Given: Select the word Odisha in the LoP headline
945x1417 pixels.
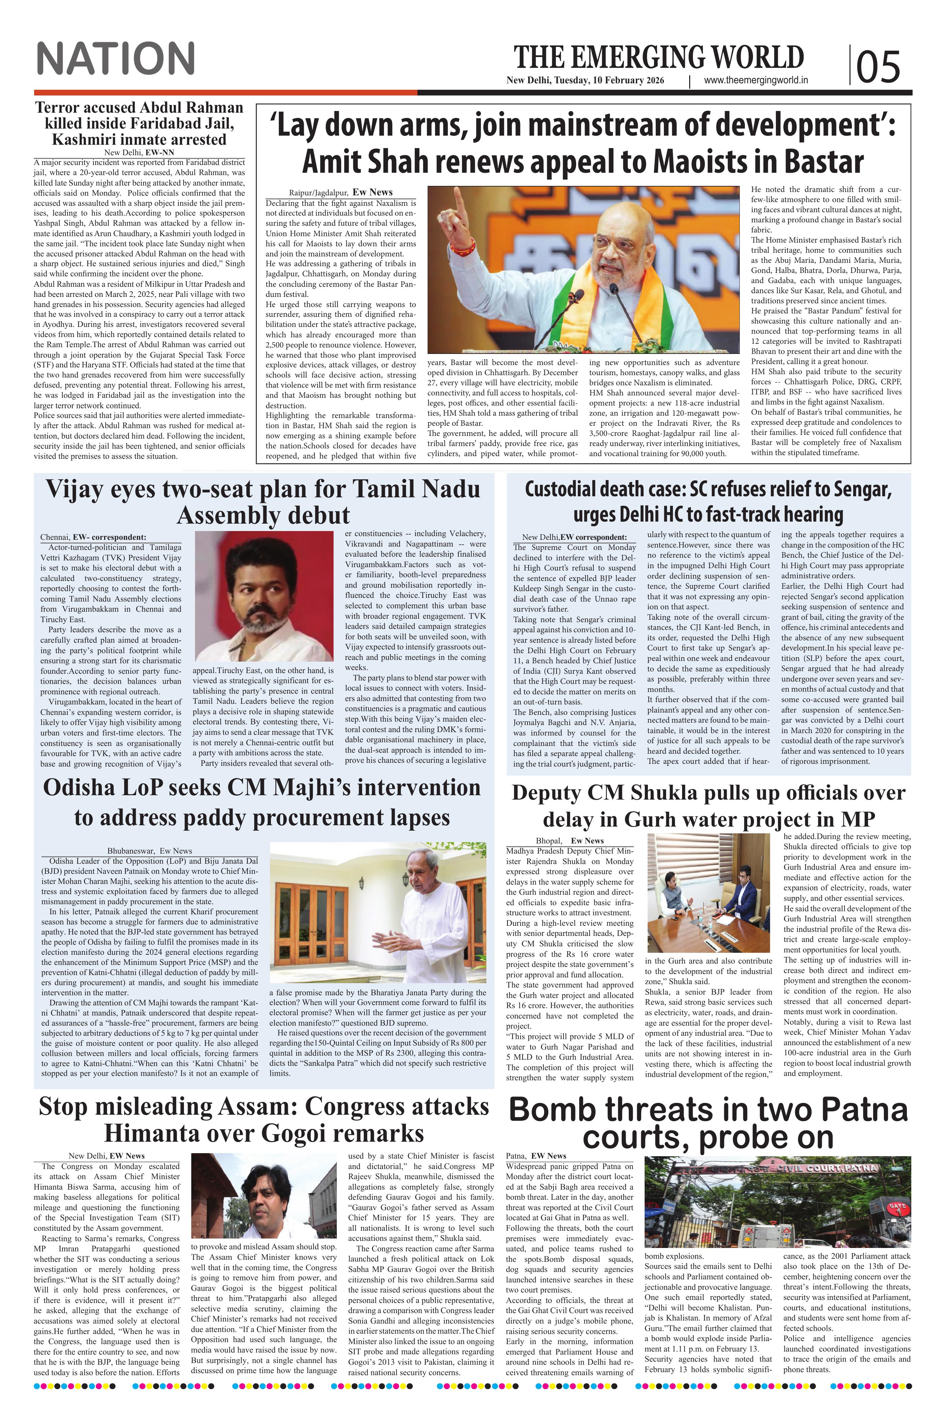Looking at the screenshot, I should (84, 788).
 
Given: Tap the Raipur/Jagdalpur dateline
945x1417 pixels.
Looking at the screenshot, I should (318, 193).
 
